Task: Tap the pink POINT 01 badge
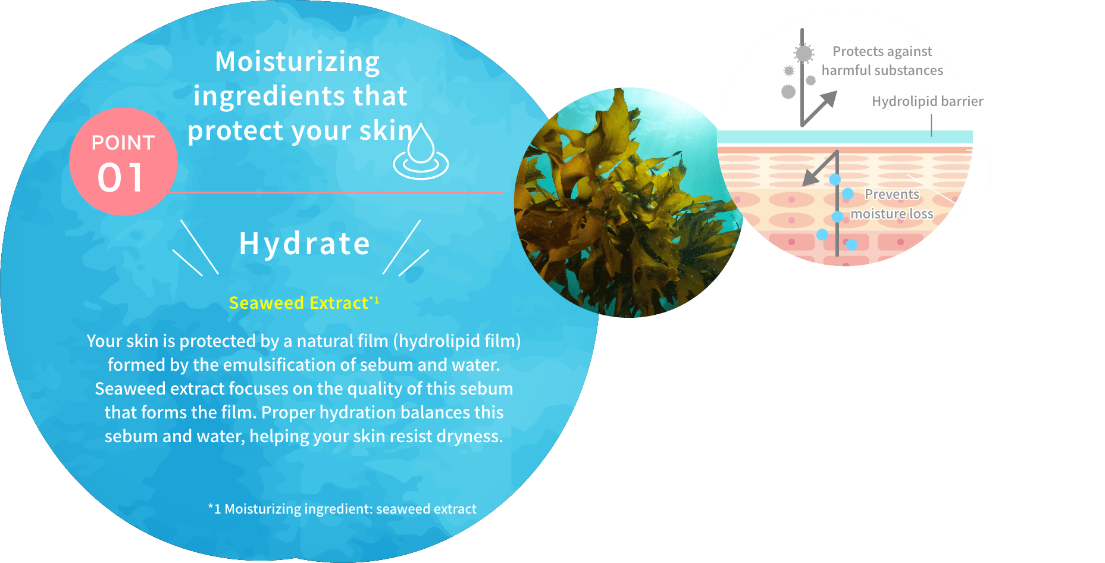click(123, 161)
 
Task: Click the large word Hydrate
click(305, 243)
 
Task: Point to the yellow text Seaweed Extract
click(299, 303)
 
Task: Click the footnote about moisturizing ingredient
click(342, 509)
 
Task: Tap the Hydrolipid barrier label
click(927, 101)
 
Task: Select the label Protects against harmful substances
click(882, 61)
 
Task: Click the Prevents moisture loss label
click(892, 204)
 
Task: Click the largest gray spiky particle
click(804, 54)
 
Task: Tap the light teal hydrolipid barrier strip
click(845, 137)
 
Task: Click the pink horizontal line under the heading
click(336, 192)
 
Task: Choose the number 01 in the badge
click(121, 177)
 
